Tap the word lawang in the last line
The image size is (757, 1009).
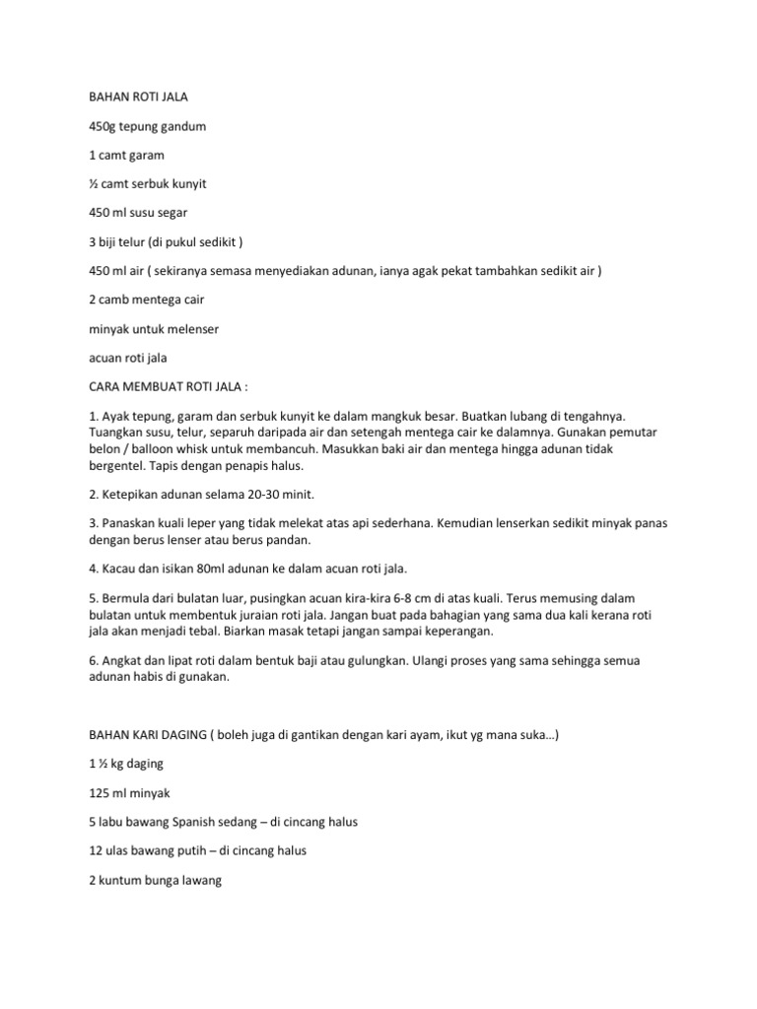198,878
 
